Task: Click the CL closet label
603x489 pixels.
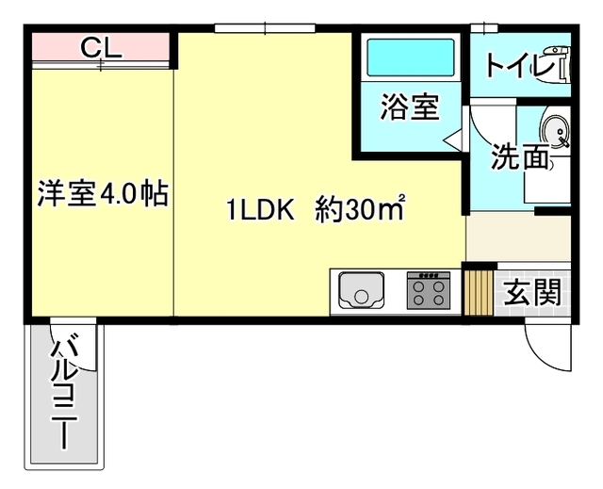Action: tap(100, 47)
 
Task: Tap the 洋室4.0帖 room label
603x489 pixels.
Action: tap(102, 194)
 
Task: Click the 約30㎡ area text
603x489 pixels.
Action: tap(359, 210)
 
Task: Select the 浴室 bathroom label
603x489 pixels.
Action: tap(410, 107)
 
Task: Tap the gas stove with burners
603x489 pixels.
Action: tap(428, 290)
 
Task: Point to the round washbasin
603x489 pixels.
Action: tap(556, 133)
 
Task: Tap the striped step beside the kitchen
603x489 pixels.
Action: tap(479, 290)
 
